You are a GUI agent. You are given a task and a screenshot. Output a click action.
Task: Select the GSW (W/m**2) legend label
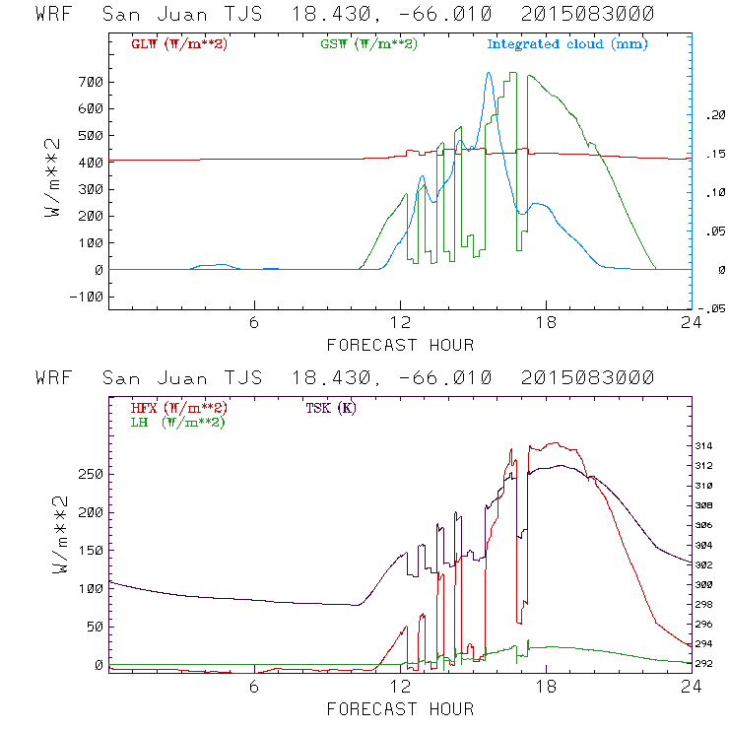coord(368,44)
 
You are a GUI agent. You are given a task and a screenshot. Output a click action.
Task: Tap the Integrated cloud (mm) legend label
coord(567,44)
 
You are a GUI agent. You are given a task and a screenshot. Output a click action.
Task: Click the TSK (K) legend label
coord(331,407)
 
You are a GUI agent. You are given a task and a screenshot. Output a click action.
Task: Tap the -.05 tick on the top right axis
coord(711,307)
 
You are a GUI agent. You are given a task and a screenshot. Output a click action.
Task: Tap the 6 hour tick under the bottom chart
coord(254,688)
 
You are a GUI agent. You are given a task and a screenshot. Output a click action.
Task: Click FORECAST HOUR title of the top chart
coord(400,345)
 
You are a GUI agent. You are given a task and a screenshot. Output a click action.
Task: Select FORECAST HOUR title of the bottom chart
coord(400,708)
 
